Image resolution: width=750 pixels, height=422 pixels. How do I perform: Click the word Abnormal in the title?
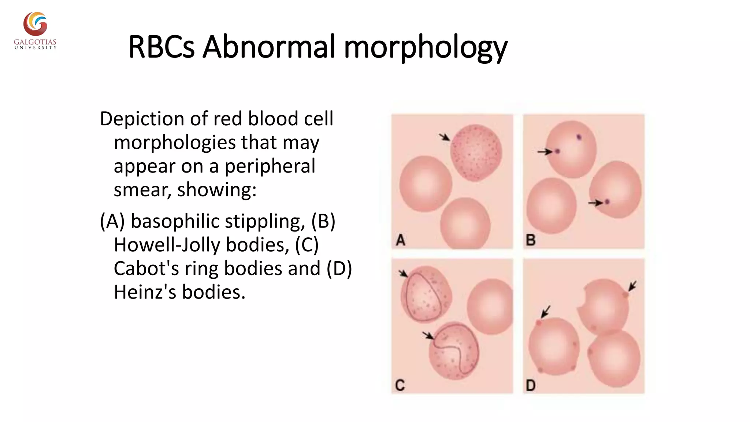pyautogui.click(x=269, y=47)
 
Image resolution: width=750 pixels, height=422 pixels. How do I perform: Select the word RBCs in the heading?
pyautogui.click(x=161, y=47)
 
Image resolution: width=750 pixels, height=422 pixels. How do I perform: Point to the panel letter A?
pyautogui.click(x=401, y=240)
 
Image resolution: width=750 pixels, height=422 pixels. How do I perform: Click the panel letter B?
pyautogui.click(x=531, y=240)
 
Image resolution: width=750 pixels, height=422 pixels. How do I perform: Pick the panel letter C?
pyautogui.click(x=400, y=385)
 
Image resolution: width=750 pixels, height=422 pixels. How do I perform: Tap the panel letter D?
pyautogui.click(x=531, y=385)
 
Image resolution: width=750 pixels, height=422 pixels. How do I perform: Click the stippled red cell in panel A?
pyautogui.click(x=476, y=152)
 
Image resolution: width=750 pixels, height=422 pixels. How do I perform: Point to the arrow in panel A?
pyautogui.click(x=445, y=137)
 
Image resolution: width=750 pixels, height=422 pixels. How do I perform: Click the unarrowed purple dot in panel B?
pyautogui.click(x=579, y=137)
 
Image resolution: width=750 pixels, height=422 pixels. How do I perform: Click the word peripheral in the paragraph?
pyautogui.click(x=270, y=166)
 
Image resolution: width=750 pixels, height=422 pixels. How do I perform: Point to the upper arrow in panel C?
pyautogui.click(x=403, y=274)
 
